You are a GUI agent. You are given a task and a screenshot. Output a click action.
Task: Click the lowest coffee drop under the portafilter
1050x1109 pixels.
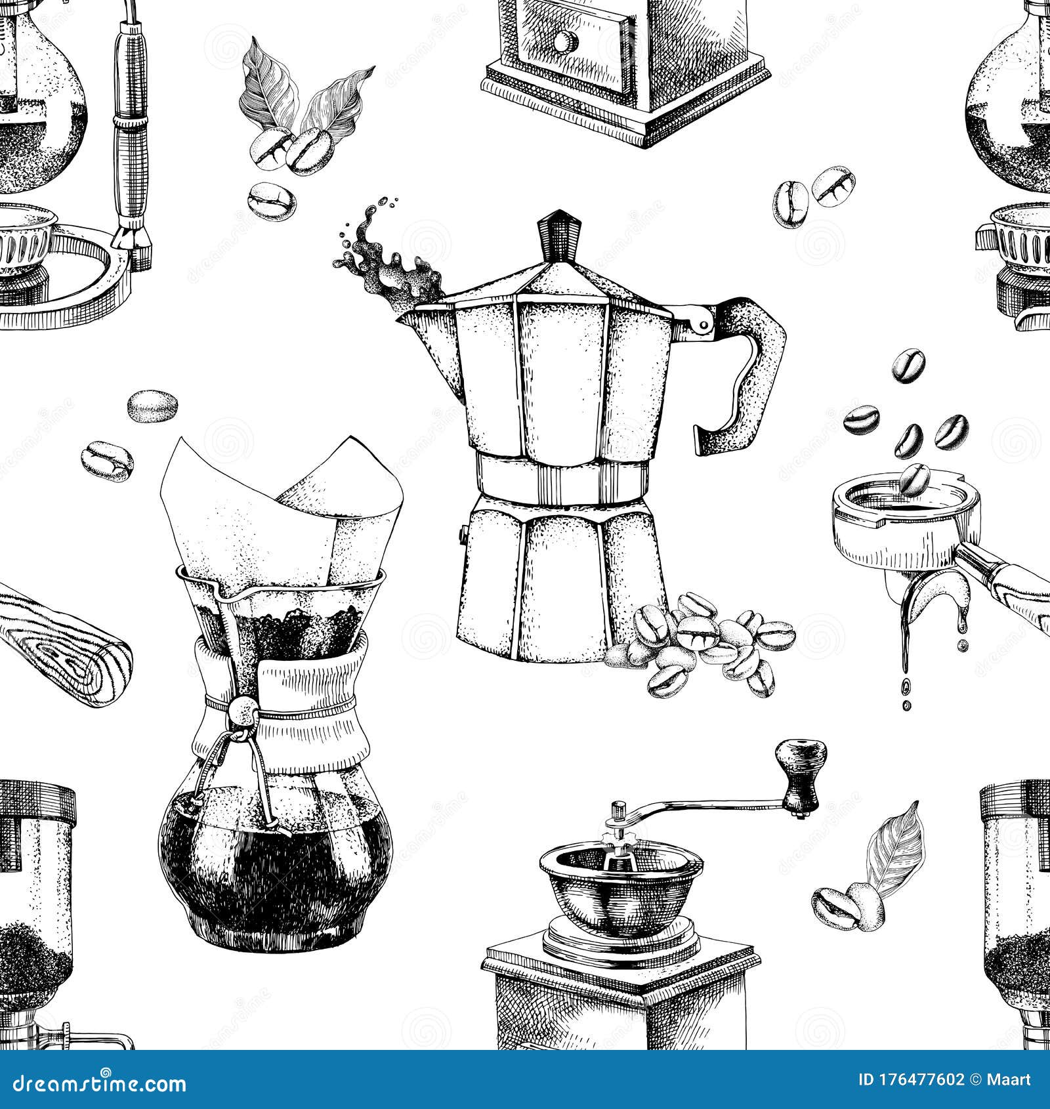(x=906, y=705)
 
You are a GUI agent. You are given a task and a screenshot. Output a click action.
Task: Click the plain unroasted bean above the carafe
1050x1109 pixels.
(x=152, y=407)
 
